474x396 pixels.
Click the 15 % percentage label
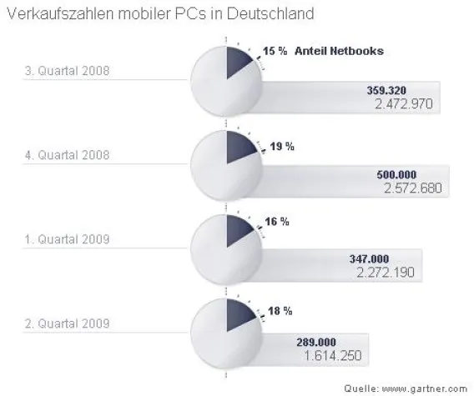coord(276,51)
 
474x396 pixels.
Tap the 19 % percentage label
coord(282,146)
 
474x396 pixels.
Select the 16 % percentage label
coord(278,222)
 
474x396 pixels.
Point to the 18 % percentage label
coord(280,311)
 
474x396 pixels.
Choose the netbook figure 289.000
coord(320,342)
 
